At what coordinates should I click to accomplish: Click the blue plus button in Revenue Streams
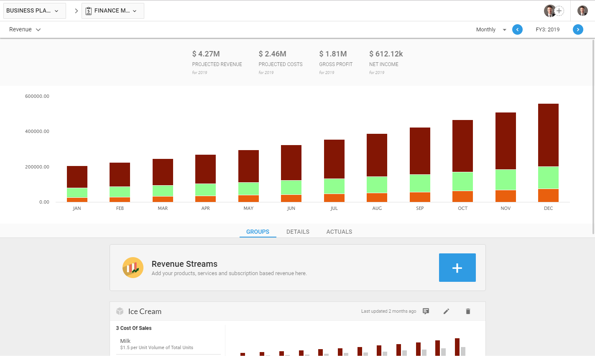(x=457, y=268)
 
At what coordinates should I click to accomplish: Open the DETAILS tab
(x=298, y=232)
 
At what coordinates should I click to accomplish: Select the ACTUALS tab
(x=339, y=232)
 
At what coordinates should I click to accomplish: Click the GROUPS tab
(x=258, y=232)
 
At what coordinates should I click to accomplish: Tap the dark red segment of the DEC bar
(x=548, y=135)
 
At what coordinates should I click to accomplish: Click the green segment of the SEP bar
(x=420, y=183)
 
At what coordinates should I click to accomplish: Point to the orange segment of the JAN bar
(x=77, y=200)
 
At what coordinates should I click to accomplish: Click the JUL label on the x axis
(x=334, y=208)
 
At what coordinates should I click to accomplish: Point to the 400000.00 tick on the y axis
(x=37, y=131)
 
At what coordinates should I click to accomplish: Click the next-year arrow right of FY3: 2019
(x=578, y=30)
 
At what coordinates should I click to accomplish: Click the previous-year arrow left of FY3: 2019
(x=517, y=30)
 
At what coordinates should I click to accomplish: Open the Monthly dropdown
(x=491, y=30)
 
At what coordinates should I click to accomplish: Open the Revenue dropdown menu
(x=25, y=30)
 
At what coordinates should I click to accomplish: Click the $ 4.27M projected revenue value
(x=206, y=54)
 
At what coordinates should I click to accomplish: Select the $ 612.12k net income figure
(x=386, y=54)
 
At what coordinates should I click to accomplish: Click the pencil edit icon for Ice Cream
(x=446, y=311)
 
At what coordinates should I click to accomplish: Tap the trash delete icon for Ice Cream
(x=468, y=311)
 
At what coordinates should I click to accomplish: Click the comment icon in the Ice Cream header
(x=426, y=311)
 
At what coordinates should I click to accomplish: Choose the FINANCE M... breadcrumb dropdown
(x=113, y=11)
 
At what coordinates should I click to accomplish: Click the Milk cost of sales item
(x=125, y=341)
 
